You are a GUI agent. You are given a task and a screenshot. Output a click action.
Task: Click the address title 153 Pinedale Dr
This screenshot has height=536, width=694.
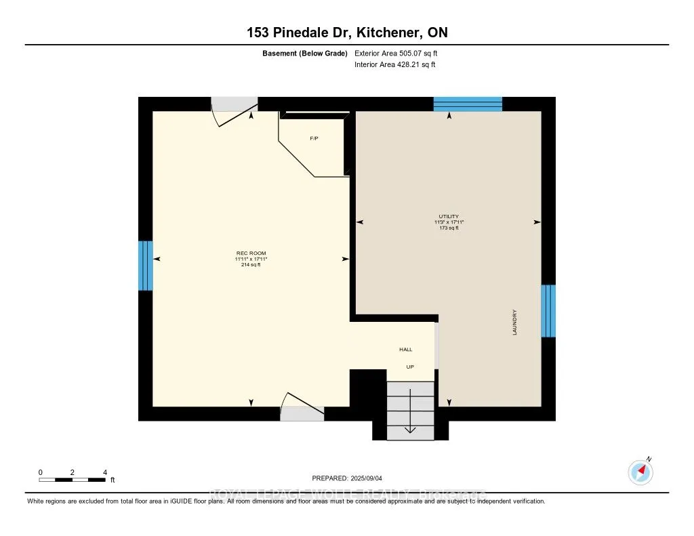pyautogui.click(x=346, y=33)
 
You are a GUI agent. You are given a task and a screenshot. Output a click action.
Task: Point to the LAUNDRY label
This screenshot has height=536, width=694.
pyautogui.click(x=515, y=323)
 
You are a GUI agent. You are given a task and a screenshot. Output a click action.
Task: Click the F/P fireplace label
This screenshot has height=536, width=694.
pyautogui.click(x=314, y=138)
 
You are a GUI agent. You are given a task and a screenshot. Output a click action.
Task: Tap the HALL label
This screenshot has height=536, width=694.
pyautogui.click(x=405, y=350)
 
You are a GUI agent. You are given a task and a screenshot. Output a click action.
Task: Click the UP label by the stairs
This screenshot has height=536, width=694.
pyautogui.click(x=410, y=367)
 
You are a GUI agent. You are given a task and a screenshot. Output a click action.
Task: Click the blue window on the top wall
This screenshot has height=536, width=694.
pyautogui.click(x=468, y=104)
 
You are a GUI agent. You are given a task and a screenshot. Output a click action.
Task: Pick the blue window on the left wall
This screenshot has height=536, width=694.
pyautogui.click(x=146, y=266)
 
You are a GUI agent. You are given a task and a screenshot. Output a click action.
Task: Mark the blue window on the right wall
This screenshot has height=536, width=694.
pyautogui.click(x=548, y=311)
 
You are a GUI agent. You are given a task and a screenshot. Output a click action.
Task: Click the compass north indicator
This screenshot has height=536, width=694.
pyautogui.click(x=640, y=472)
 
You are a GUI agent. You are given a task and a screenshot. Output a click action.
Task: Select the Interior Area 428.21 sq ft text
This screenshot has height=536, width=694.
pyautogui.click(x=395, y=65)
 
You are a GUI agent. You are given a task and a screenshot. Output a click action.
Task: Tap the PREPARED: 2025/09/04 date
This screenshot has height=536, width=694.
pyautogui.click(x=346, y=478)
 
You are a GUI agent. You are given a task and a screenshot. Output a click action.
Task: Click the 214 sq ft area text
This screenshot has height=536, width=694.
pyautogui.click(x=247, y=265)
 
